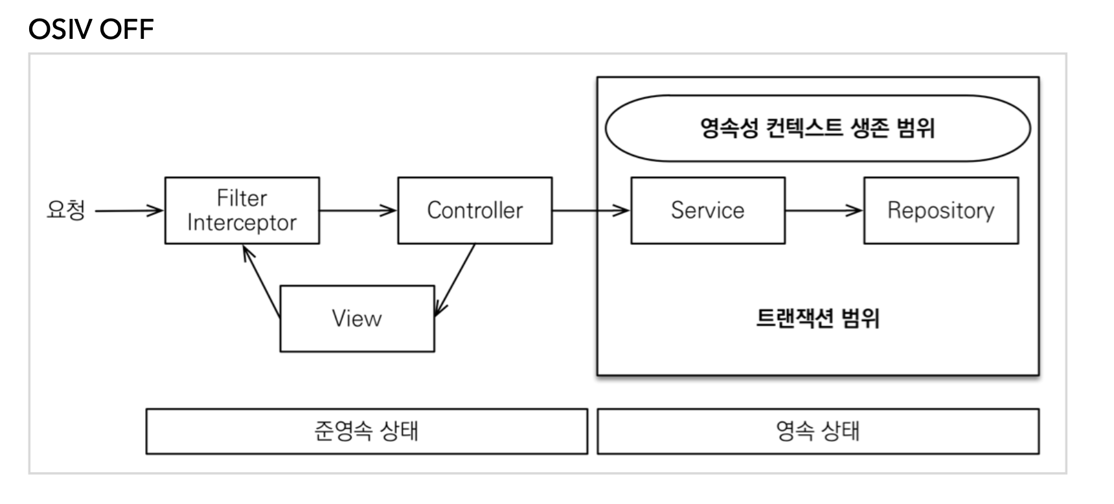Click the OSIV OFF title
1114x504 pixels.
point(91,29)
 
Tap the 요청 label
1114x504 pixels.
point(65,209)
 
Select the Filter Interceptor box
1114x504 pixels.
point(242,211)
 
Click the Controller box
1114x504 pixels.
point(475,211)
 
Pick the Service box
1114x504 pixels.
point(708,211)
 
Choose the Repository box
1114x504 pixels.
point(941,211)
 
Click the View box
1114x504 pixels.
point(357,319)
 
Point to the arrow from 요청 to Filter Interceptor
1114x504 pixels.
point(130,210)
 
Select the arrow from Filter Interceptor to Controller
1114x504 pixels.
point(358,210)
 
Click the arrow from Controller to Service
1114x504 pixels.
point(591,210)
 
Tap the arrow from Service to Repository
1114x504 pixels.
point(824,210)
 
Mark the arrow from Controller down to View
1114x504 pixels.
point(455,280)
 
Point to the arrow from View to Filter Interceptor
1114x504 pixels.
point(262,281)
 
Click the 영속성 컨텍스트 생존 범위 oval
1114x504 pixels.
point(817,128)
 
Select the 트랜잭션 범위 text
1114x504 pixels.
point(817,318)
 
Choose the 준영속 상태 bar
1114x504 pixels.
point(367,431)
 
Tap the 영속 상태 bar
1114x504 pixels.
point(818,431)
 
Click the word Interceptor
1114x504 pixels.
point(242,222)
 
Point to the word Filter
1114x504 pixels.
point(242,198)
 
